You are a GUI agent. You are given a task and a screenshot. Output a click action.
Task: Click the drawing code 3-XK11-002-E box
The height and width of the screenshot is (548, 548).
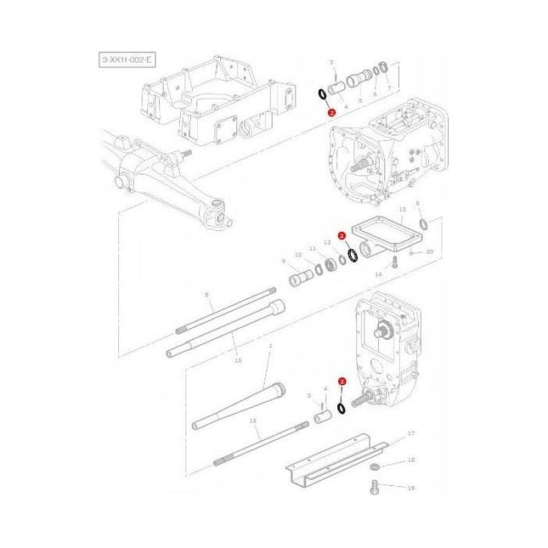coord(126,59)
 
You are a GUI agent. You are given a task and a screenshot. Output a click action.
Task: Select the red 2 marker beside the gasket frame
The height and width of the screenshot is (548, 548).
coord(341,235)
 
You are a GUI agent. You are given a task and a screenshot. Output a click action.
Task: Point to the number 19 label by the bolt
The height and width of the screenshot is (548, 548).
coord(411,489)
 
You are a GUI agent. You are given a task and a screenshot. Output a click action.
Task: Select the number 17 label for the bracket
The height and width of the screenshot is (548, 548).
coord(411,434)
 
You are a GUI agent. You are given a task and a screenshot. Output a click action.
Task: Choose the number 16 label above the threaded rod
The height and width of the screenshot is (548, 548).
coord(252,421)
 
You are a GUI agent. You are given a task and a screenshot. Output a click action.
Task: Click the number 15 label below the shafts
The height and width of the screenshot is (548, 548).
coord(237,361)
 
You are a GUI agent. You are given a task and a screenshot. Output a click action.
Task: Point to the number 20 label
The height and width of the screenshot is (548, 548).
coord(429,252)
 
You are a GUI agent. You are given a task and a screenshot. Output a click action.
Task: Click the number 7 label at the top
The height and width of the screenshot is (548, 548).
coord(388,88)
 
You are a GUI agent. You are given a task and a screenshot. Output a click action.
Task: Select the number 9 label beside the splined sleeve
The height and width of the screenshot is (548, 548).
coord(283,261)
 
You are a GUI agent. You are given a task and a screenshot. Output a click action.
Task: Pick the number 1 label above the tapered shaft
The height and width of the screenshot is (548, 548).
coord(269,346)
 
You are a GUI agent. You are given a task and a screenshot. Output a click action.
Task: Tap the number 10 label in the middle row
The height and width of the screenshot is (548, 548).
coord(297,255)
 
